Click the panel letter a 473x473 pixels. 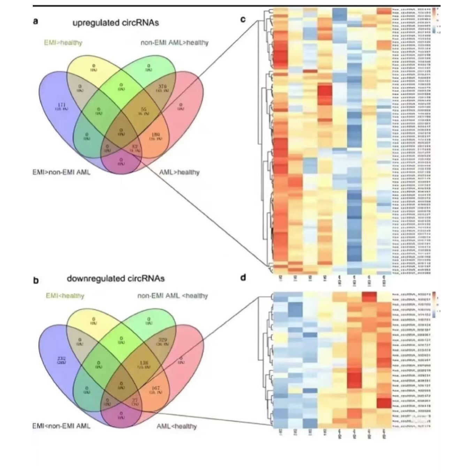36,22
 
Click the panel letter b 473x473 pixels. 36,280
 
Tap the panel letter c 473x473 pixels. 243,20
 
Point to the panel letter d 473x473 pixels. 243,277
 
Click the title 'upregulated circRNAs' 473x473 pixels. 115,23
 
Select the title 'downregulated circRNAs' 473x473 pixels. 115,279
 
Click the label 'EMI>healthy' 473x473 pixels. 63,43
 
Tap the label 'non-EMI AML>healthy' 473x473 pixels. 174,43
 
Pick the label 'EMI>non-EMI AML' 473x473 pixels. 61,172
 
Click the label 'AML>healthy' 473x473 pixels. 179,172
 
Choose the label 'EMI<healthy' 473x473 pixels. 65,296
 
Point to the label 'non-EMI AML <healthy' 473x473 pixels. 173,296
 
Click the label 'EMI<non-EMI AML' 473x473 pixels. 61,426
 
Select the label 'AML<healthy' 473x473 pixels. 176,426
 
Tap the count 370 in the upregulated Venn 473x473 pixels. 162,86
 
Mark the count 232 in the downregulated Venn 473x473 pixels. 62,358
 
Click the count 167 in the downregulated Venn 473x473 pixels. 155,388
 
